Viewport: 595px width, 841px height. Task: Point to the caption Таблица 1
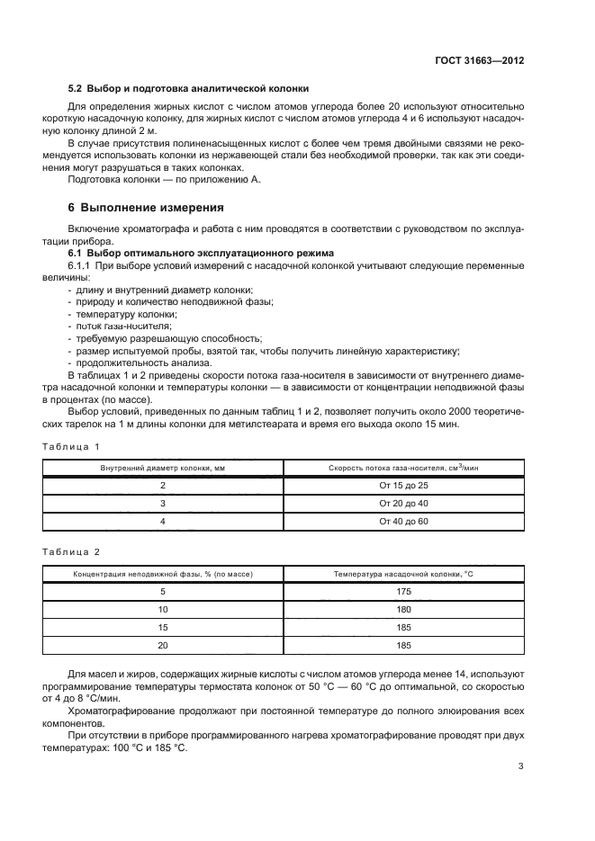[71, 446]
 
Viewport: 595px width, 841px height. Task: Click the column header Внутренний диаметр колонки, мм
[163, 468]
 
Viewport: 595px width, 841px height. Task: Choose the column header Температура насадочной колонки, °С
[403, 573]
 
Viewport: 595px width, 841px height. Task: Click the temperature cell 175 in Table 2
[403, 591]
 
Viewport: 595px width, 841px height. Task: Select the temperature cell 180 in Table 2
[403, 609]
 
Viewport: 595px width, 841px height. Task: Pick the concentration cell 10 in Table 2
[163, 609]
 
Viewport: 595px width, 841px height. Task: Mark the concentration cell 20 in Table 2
[163, 645]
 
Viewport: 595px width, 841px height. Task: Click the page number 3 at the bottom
[520, 766]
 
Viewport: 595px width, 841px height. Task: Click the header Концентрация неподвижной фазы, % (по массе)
[163, 573]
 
